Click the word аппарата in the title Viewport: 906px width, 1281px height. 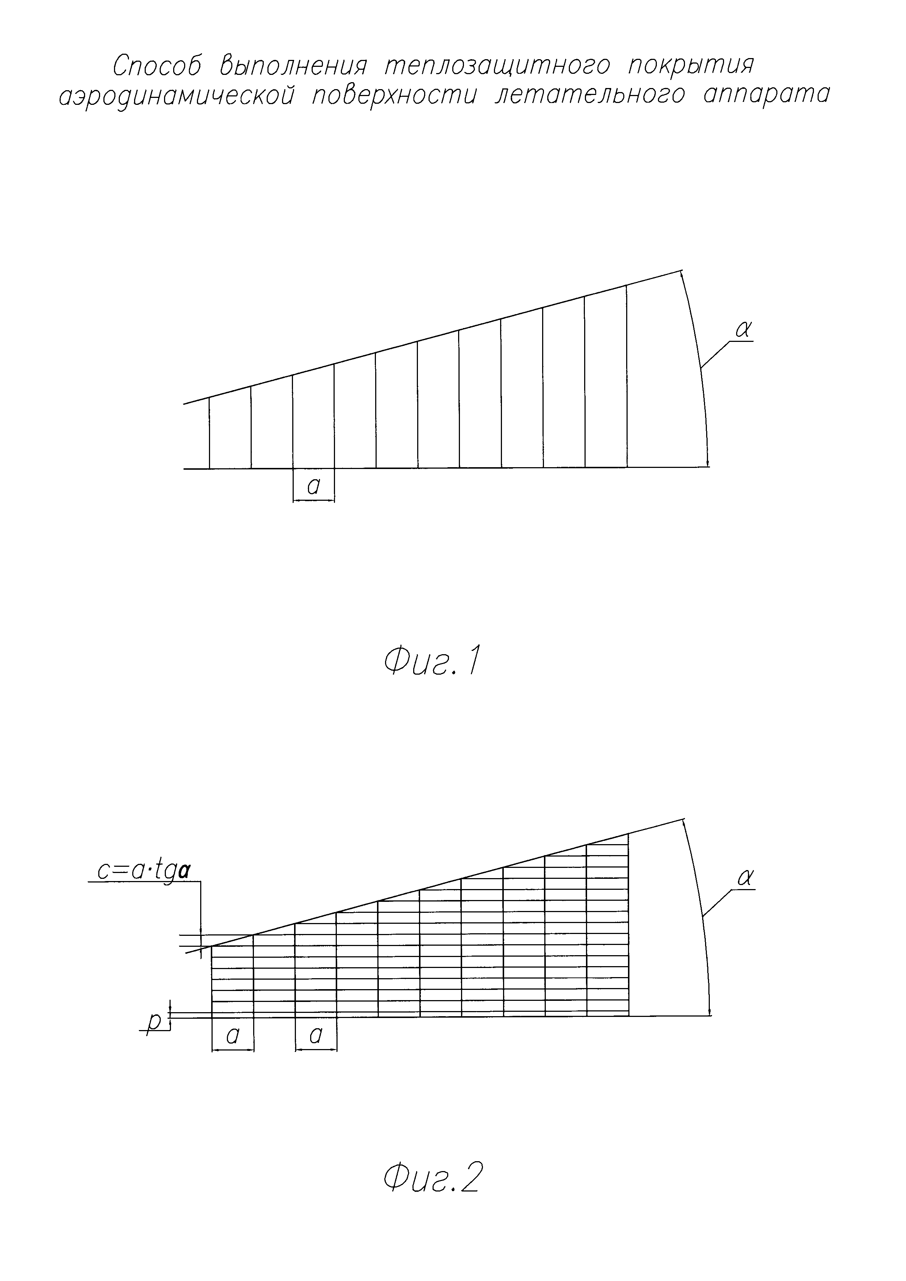click(x=766, y=95)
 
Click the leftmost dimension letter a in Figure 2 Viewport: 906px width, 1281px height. click(x=233, y=1036)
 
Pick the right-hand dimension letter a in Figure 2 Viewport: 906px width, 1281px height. click(x=316, y=1036)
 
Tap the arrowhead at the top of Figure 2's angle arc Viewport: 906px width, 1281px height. click(x=684, y=825)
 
